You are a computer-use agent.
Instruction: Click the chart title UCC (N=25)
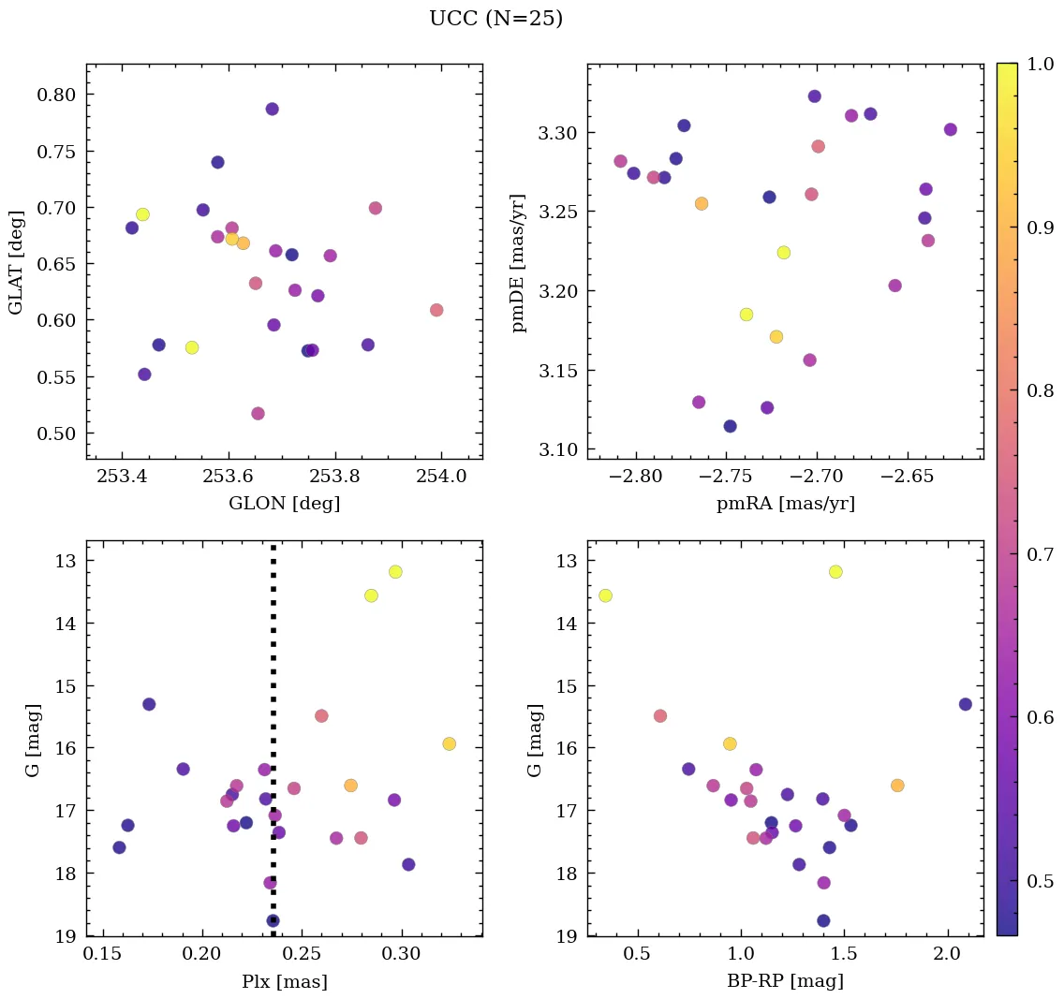pyautogui.click(x=495, y=19)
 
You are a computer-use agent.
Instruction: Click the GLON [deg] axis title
pyautogui.click(x=284, y=504)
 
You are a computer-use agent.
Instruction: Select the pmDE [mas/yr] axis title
pyautogui.click(x=518, y=263)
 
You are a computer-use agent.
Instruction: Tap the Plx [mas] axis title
pyautogui.click(x=284, y=982)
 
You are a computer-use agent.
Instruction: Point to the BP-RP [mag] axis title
pyautogui.click(x=785, y=982)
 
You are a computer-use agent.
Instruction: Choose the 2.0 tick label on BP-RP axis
pyautogui.click(x=947, y=955)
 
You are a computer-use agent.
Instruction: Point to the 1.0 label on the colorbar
pyautogui.click(x=1041, y=63)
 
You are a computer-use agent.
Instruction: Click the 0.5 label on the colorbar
pyautogui.click(x=1041, y=881)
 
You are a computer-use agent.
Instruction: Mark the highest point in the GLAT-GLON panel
pyautogui.click(x=272, y=109)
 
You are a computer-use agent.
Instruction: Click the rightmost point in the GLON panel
pyautogui.click(x=436, y=310)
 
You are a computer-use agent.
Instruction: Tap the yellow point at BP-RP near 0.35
pyautogui.click(x=605, y=595)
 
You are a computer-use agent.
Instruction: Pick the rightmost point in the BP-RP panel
pyautogui.click(x=965, y=704)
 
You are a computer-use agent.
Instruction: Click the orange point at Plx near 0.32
pyautogui.click(x=449, y=743)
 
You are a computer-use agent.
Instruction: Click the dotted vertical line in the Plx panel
pyautogui.click(x=273, y=655)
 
